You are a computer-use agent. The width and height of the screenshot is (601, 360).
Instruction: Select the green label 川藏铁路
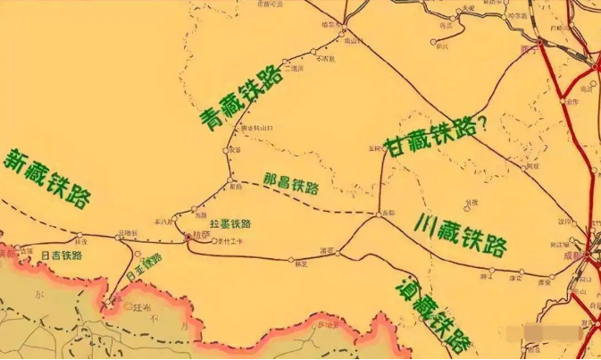[x=461, y=235]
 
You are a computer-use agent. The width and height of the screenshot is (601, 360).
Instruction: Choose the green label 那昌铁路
[x=291, y=185]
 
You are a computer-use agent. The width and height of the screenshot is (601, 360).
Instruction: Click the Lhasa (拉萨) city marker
[x=187, y=236]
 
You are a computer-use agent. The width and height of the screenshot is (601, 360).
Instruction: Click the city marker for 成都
[x=588, y=254]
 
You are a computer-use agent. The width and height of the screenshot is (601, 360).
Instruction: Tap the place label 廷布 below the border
[x=137, y=306]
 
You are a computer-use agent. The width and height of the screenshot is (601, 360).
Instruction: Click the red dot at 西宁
[x=541, y=40]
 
